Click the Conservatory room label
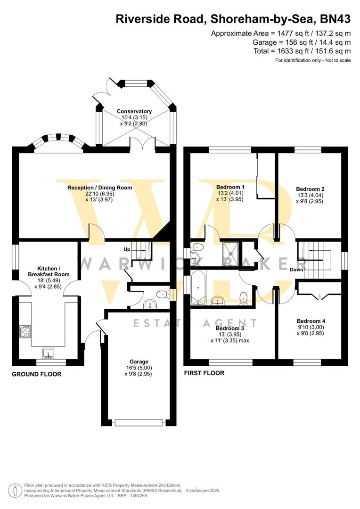(134, 111)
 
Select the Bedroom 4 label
(311, 321)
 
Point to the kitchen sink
(49, 353)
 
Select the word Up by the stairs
(127, 249)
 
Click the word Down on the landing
(296, 270)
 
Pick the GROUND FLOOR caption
(37, 374)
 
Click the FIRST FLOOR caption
(204, 373)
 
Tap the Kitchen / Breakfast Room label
(49, 271)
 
